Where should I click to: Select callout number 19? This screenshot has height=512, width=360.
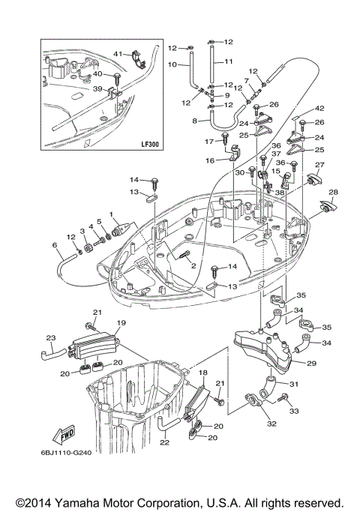coord(120,323)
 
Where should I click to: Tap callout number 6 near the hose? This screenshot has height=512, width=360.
coord(54,245)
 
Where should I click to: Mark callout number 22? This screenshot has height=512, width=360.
coord(163,443)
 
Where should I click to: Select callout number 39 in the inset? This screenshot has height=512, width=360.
coord(96,89)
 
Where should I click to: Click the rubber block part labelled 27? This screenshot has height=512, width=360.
coord(313,179)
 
